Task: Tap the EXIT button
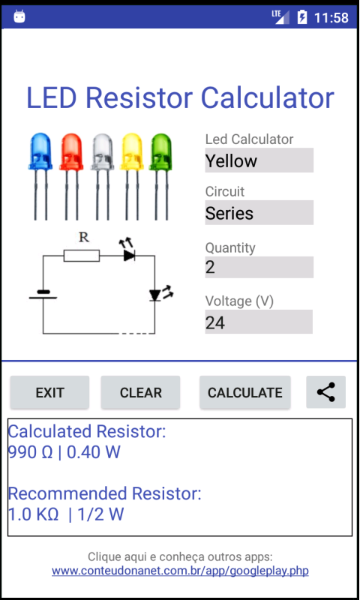[49, 392]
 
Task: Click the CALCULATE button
[244, 392]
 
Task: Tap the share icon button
[326, 392]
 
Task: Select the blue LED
[40, 176]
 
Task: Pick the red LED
[71, 176]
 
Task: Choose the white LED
[102, 176]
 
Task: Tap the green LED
[160, 176]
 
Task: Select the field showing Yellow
[259, 160]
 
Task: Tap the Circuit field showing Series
[259, 212]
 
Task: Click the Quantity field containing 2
[259, 267]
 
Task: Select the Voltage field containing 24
[259, 322]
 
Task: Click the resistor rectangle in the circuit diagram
[82, 256]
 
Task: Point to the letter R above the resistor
[84, 238]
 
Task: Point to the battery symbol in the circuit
[43, 295]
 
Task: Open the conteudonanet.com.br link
[180, 571]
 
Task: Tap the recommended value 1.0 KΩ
[33, 514]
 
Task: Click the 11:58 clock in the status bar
[331, 17]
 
